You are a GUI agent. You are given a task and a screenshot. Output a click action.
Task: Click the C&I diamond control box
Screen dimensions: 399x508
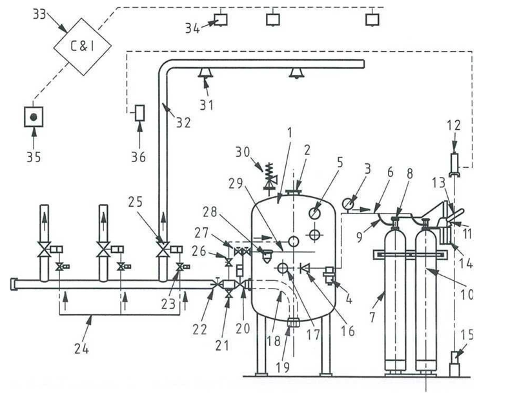tap(81, 46)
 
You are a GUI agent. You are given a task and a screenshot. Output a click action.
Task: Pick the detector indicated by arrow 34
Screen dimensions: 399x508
tap(221, 19)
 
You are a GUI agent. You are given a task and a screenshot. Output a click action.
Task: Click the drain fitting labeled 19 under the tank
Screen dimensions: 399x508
tap(293, 321)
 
